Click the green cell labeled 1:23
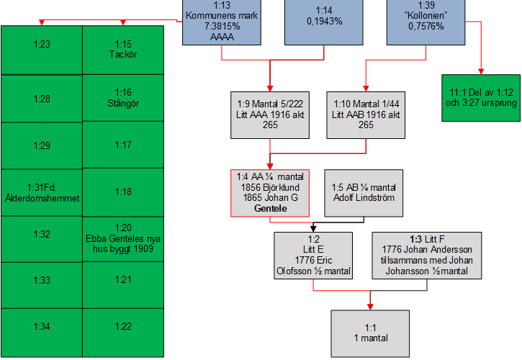42,49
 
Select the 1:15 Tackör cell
122,49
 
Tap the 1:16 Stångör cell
122,98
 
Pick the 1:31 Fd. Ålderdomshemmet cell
42,192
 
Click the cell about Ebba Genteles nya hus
122,238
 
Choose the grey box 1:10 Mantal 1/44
366,114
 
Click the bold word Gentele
270,208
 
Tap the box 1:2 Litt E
313,255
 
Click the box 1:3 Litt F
426,255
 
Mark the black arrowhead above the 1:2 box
313,228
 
